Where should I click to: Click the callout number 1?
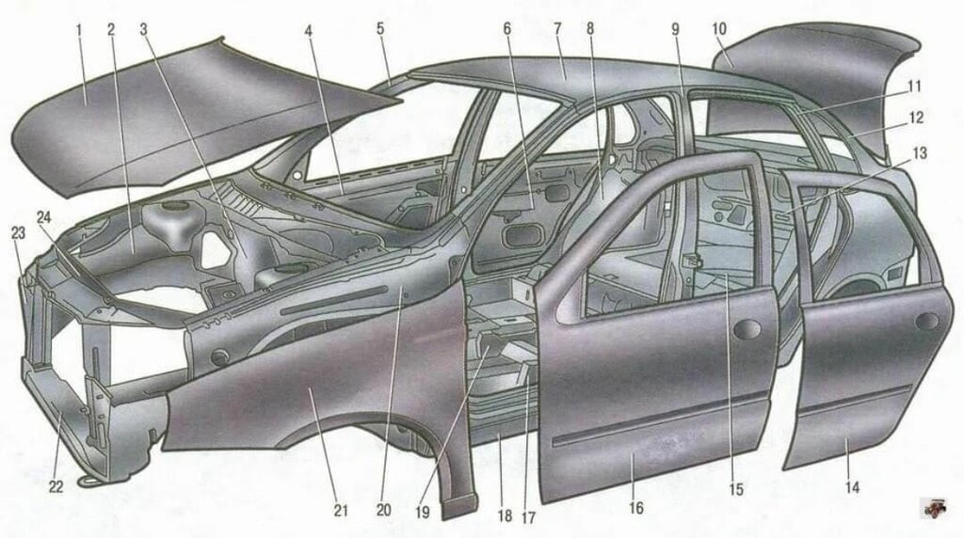click(79, 29)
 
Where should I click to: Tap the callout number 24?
click(44, 217)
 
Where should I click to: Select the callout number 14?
click(852, 487)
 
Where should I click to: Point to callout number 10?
click(719, 28)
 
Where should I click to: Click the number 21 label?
click(341, 511)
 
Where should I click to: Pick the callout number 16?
click(636, 508)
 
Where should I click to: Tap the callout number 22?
click(56, 487)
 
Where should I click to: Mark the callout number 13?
click(920, 153)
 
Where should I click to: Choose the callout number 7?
click(557, 28)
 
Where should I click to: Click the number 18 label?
click(505, 515)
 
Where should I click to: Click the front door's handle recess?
click(747, 330)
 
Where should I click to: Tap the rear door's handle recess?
click(926, 322)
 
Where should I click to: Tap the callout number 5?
click(380, 28)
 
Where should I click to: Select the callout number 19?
click(423, 512)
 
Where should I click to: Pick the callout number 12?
click(916, 117)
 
